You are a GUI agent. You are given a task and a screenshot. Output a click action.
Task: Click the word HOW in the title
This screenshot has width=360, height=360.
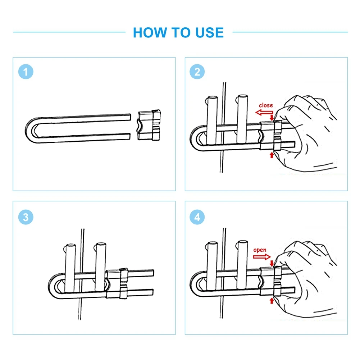pyautogui.click(x=150, y=32)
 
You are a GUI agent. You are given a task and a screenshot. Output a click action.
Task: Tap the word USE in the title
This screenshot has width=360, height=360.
pyautogui.click(x=209, y=32)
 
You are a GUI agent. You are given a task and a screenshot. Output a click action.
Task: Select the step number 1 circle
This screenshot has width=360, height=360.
pyautogui.click(x=26, y=72)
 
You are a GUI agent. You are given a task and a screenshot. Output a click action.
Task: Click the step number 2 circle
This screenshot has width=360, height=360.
pyautogui.click(x=197, y=72)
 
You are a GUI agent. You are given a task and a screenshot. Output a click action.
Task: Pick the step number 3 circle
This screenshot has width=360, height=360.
pyautogui.click(x=26, y=217)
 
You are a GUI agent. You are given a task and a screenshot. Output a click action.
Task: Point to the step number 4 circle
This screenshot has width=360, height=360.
pyautogui.click(x=197, y=217)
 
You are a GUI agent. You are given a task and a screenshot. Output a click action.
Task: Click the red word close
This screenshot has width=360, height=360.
pyautogui.click(x=266, y=105)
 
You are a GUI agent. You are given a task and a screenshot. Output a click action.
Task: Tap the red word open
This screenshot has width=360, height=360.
pyautogui.click(x=260, y=250)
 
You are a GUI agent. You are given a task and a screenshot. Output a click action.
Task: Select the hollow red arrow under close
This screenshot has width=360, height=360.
pyautogui.click(x=264, y=113)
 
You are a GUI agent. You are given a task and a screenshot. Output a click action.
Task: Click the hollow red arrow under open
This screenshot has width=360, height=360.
pyautogui.click(x=262, y=257)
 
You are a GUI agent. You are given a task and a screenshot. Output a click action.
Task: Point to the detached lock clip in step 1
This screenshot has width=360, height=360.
pyautogui.click(x=149, y=125)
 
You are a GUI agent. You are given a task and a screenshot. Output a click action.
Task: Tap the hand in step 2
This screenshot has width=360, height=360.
pyautogui.click(x=305, y=133)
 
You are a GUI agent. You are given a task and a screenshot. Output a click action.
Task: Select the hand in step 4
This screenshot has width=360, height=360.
pyautogui.click(x=305, y=279)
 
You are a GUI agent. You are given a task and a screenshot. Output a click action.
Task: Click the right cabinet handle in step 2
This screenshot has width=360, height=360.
pyautogui.click(x=242, y=119)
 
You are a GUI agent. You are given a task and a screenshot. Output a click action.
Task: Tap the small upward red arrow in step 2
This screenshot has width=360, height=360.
pyautogui.click(x=272, y=155)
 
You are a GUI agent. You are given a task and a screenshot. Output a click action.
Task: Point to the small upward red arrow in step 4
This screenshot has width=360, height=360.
pyautogui.click(x=272, y=301)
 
